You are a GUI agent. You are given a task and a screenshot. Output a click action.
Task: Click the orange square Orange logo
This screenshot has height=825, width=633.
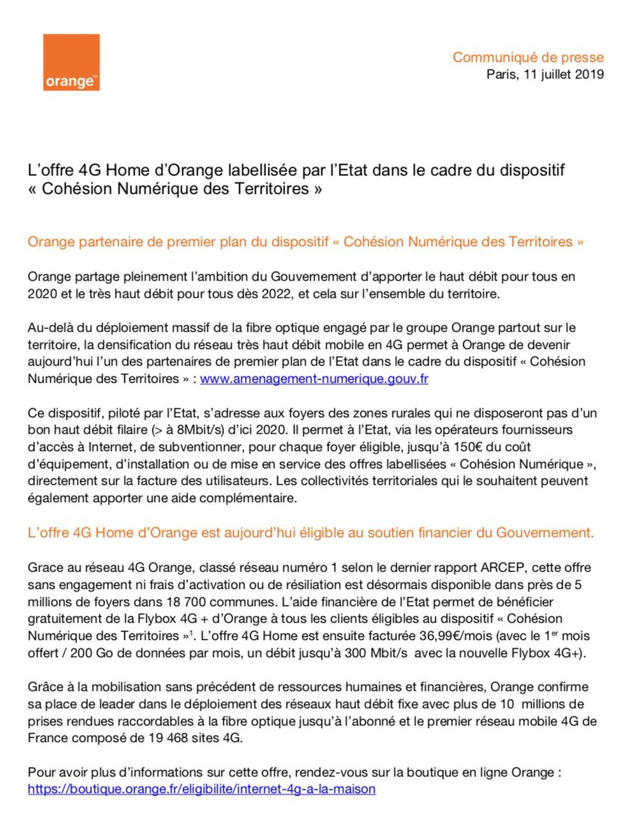(x=71, y=62)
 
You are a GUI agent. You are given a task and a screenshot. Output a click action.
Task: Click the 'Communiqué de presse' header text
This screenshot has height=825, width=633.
(x=528, y=57)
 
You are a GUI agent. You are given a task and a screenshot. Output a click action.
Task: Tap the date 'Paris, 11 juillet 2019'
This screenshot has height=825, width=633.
(x=545, y=74)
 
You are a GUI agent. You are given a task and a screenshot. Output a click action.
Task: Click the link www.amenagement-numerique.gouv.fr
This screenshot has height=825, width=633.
(x=314, y=379)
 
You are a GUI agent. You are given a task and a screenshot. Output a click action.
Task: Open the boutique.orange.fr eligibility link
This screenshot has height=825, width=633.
(x=201, y=789)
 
